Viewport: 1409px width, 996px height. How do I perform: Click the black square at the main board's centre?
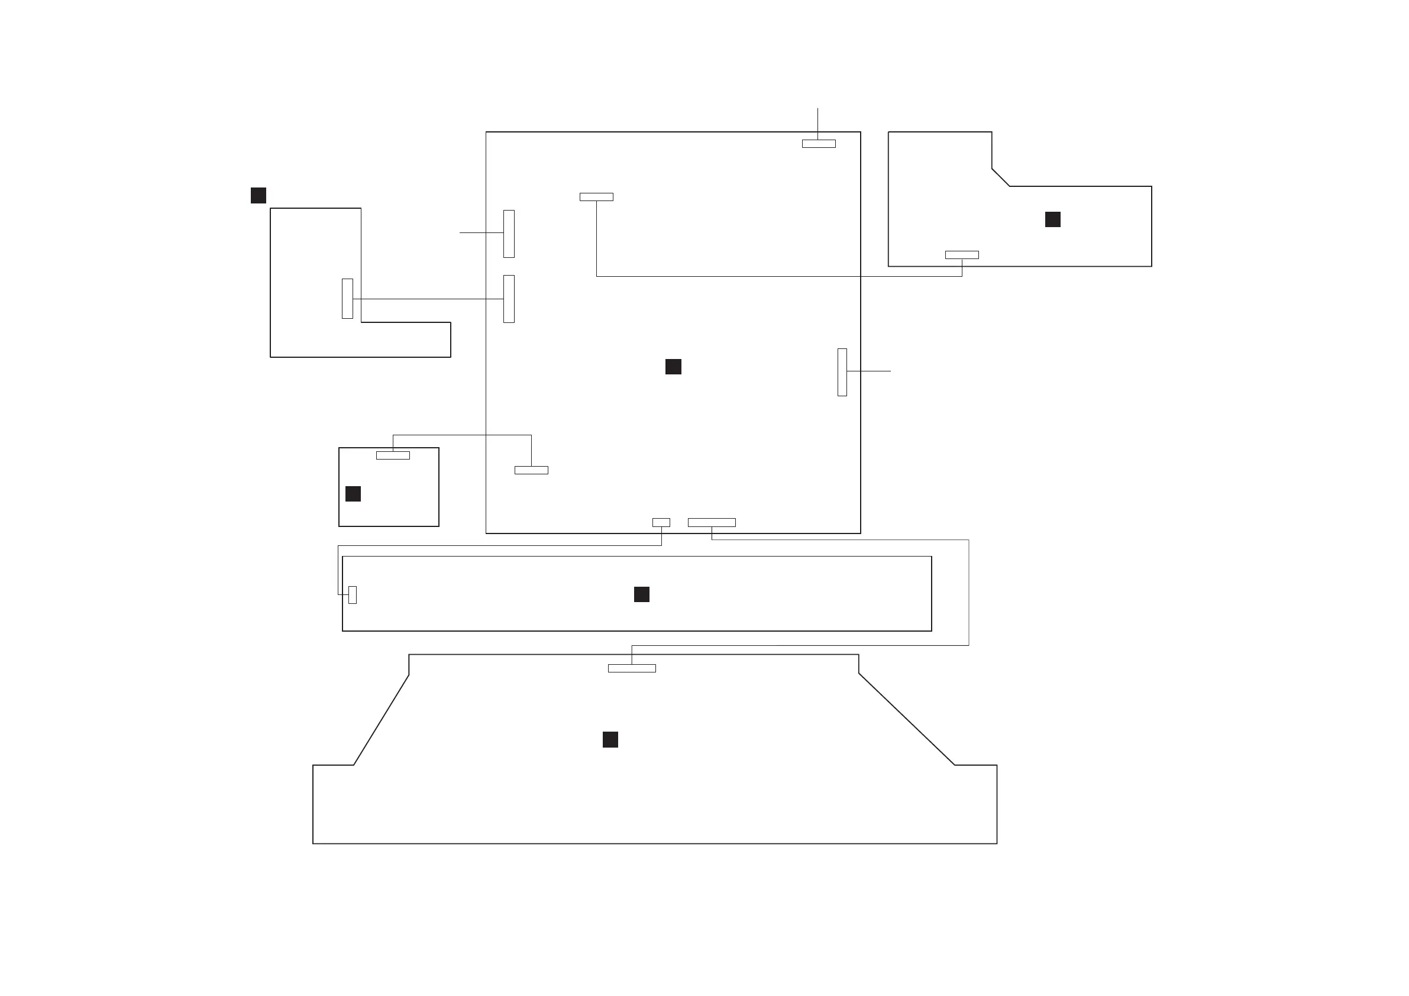673,366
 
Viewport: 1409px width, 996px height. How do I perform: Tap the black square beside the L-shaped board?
258,195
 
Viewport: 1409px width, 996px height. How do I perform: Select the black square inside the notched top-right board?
1052,219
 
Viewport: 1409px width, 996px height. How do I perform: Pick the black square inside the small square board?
353,493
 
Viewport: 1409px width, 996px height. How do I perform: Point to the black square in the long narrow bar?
641,594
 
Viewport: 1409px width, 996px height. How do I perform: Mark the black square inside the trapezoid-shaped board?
610,739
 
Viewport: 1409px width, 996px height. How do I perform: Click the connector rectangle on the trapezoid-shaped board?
632,668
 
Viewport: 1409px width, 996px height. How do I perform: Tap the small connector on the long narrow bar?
353,594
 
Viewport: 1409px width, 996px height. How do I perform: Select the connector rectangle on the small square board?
393,455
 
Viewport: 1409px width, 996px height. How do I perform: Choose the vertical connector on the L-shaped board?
347,299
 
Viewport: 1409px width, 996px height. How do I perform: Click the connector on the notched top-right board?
962,255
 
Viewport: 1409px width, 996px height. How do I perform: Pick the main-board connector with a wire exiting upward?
819,144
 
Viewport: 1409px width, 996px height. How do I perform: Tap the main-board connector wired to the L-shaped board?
509,299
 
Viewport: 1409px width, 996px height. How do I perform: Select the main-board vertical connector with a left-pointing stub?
509,234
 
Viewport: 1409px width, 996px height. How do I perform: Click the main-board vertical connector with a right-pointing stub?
842,373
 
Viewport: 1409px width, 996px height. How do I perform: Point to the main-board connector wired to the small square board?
531,470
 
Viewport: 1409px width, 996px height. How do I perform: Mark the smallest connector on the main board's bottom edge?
661,522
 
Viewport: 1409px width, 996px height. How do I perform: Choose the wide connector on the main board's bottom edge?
711,522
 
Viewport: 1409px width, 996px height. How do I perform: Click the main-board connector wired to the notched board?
596,197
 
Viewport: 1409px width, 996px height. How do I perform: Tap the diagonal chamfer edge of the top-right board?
1000,177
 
